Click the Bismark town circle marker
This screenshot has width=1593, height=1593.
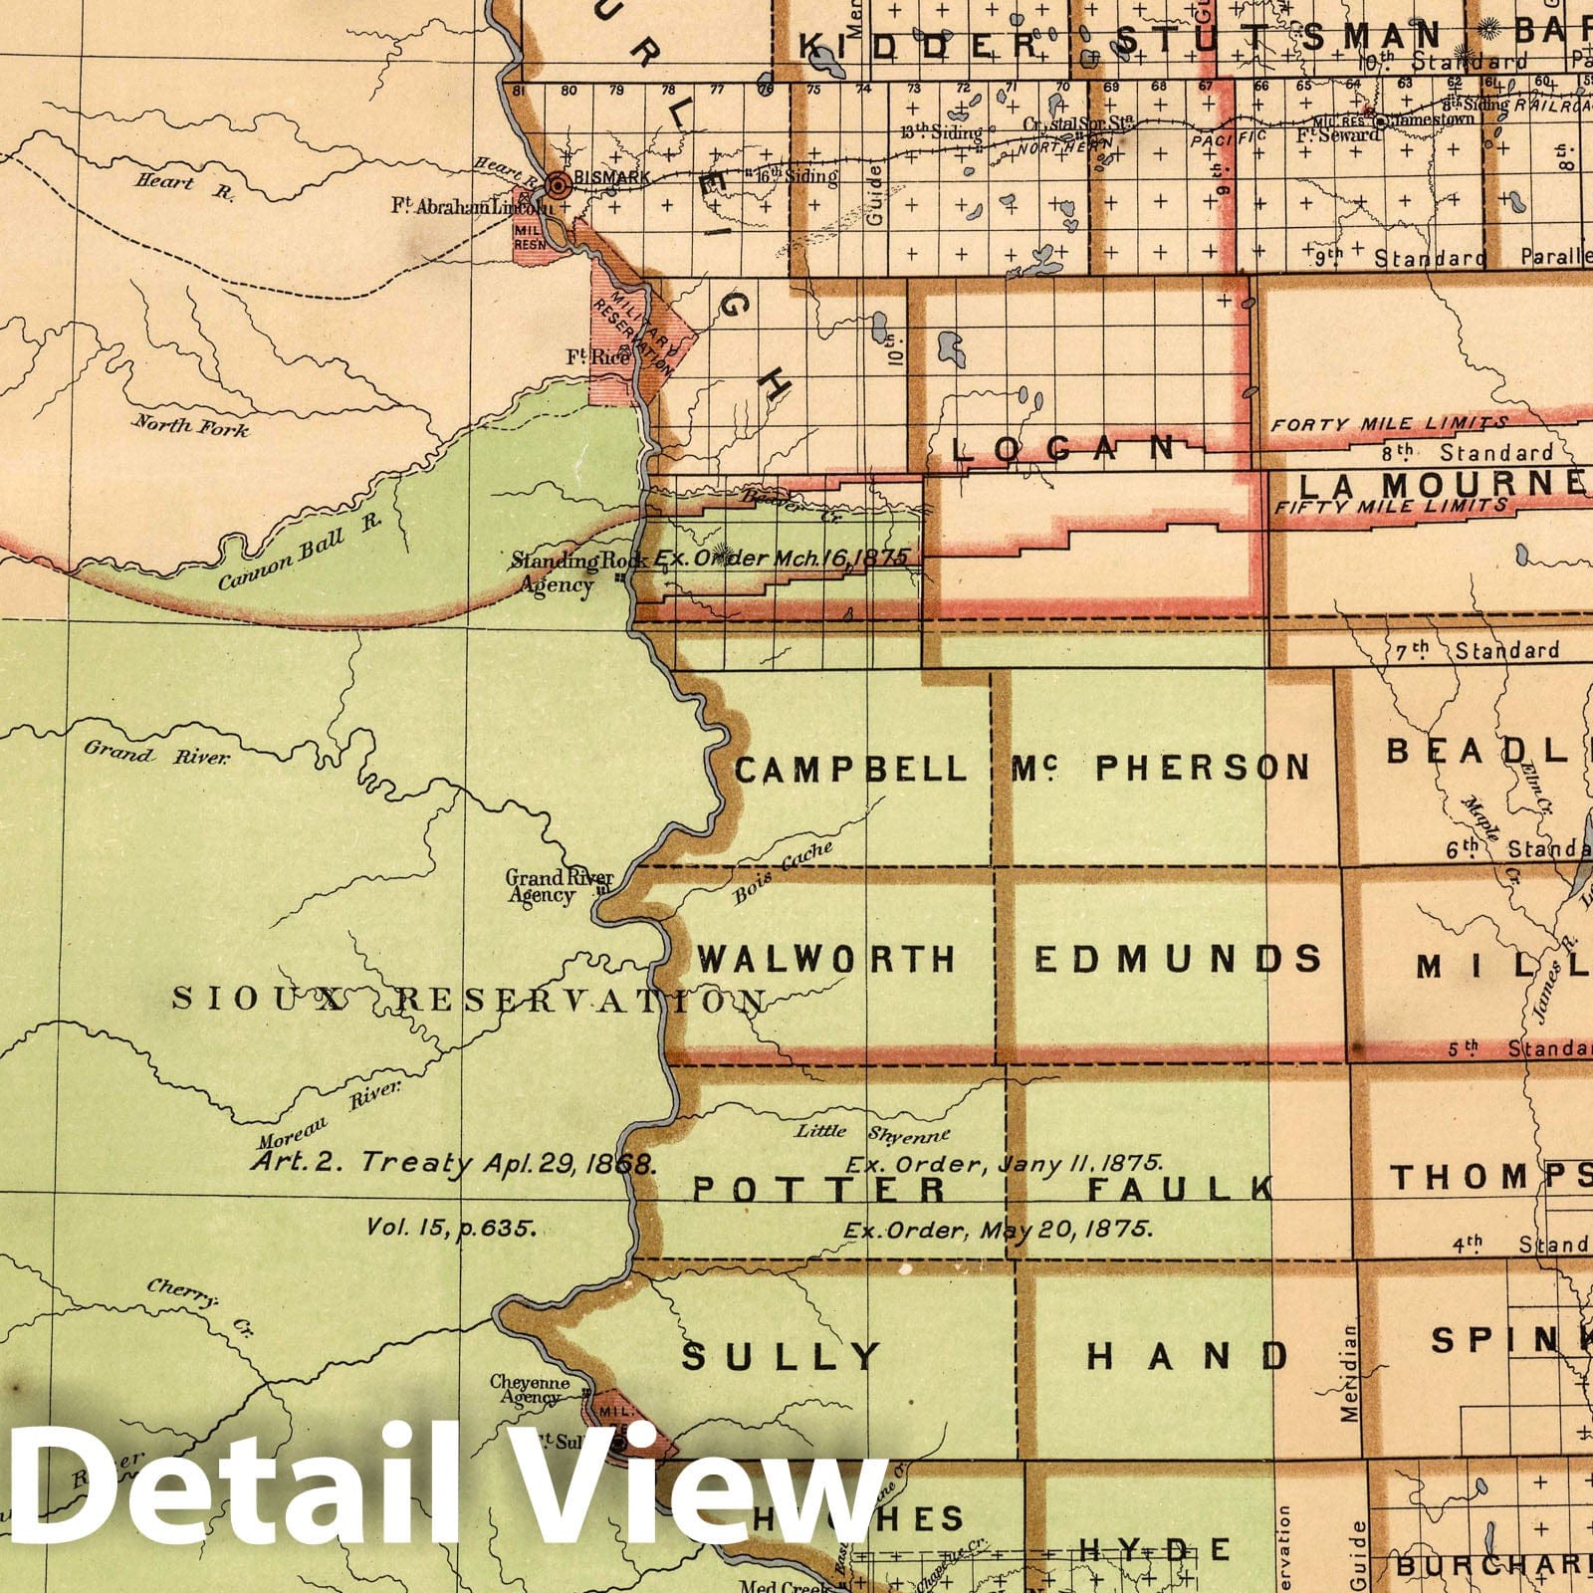tap(560, 184)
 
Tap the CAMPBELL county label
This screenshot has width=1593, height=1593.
tap(851, 769)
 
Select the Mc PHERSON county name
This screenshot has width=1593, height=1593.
tap(1161, 768)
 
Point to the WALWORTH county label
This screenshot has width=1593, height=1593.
tap(826, 959)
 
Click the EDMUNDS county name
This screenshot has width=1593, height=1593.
tap(1178, 959)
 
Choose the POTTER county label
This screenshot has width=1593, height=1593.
tap(819, 1188)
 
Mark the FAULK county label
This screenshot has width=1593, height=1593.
tap(1181, 1188)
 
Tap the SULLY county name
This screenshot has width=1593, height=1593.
tap(783, 1356)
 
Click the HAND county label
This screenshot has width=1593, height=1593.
tap(1187, 1355)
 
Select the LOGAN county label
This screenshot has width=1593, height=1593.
tap(1063, 449)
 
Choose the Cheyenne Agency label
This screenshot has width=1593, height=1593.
tap(530, 1389)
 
